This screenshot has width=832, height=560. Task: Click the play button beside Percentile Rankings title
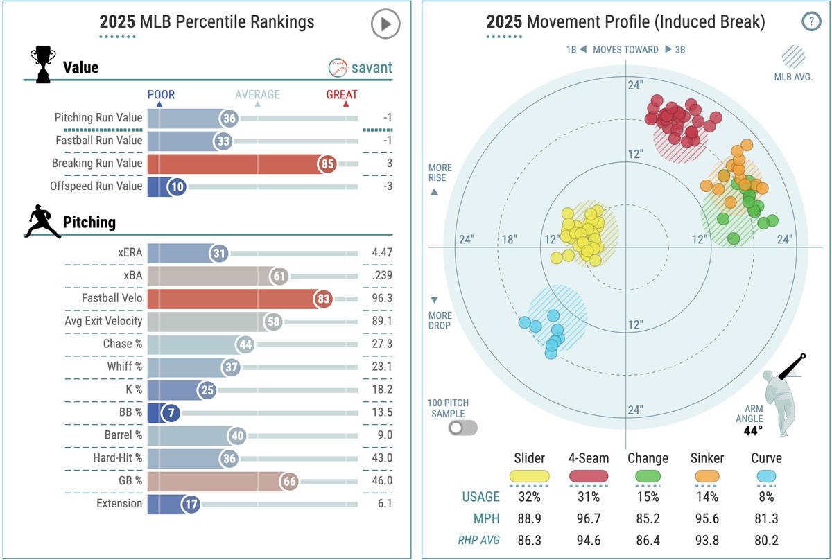[x=385, y=25]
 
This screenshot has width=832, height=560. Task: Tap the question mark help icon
[x=811, y=21]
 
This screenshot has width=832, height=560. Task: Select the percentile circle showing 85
[x=327, y=164]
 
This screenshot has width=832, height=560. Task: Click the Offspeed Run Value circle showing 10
[x=177, y=186]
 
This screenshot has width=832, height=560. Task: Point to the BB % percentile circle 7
[x=171, y=414]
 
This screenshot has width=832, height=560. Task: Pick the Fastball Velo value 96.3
[x=381, y=299]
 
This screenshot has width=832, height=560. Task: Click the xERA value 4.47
[x=381, y=254]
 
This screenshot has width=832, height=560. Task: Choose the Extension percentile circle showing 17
[x=191, y=504]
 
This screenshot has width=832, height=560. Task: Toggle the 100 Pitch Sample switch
[x=463, y=427]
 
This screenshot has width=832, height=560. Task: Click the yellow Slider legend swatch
[x=530, y=476]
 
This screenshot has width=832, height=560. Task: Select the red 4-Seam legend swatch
[x=589, y=476]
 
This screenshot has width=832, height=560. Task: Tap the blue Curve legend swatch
[x=765, y=476]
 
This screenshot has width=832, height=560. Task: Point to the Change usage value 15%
[x=648, y=496]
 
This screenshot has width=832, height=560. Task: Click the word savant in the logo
[x=372, y=67]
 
